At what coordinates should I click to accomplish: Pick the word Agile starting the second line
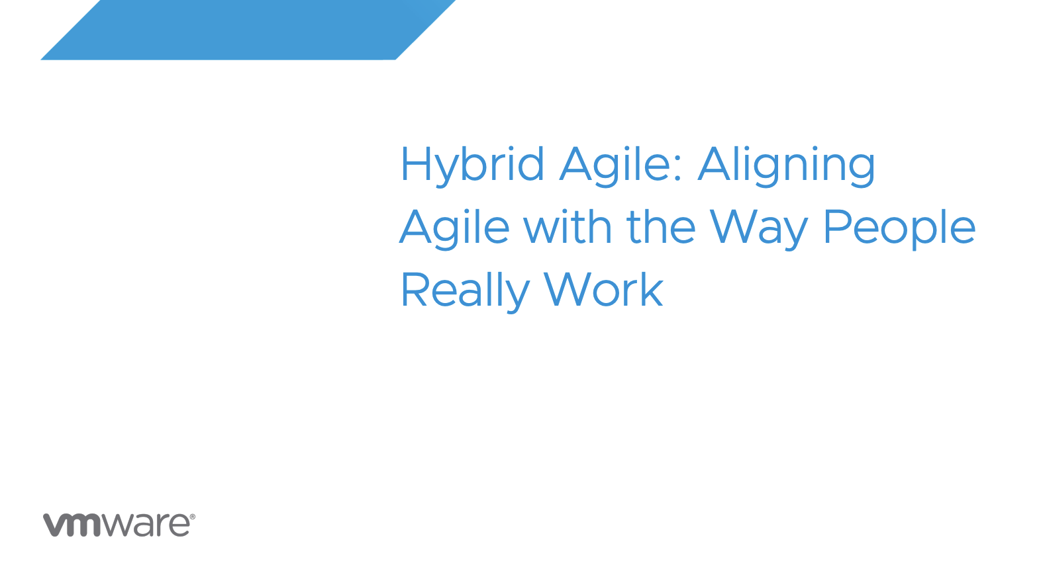tap(454, 228)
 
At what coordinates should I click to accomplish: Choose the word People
tap(899, 228)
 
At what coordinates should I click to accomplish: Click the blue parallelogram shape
tap(248, 30)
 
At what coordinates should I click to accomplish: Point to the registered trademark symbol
tap(193, 517)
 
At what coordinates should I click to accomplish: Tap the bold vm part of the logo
tap(72, 525)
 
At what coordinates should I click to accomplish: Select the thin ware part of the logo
tap(146, 525)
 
